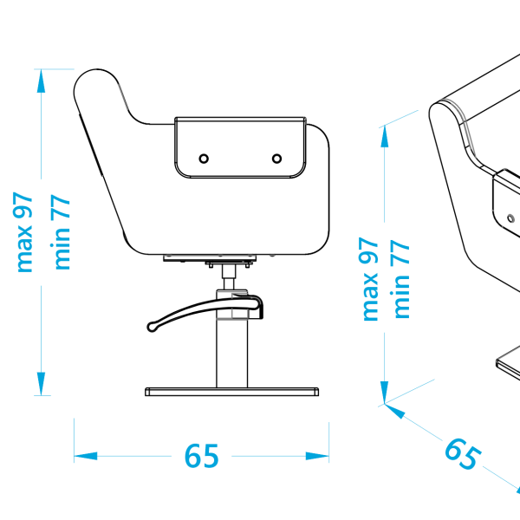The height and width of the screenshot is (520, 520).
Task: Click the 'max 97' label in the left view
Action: click(23, 231)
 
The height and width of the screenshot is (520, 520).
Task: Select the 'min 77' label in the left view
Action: click(62, 231)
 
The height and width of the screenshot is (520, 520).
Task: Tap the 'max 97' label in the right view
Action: click(370, 279)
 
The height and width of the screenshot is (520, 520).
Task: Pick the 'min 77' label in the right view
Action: click(402, 279)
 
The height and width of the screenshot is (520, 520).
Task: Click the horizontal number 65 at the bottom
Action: click(201, 456)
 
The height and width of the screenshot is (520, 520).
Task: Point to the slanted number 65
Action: click(460, 454)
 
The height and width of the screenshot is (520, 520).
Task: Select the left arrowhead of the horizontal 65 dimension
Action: click(85, 456)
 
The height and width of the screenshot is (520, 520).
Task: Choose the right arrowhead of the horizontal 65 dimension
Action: click(318, 456)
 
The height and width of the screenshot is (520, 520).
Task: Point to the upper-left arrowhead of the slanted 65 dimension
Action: click(394, 411)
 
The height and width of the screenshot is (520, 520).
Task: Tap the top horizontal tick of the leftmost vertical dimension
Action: click(54, 68)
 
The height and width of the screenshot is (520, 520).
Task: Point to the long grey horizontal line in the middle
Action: click(208, 256)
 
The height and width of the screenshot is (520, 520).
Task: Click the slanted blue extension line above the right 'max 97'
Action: click(400, 119)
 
